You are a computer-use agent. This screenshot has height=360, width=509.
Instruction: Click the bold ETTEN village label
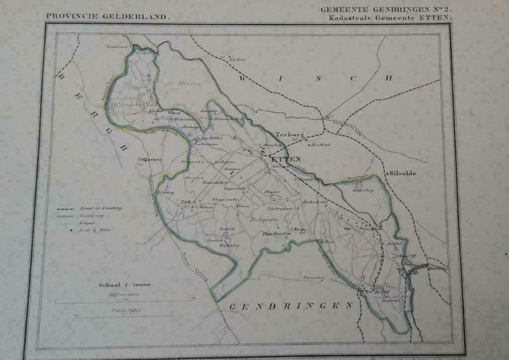tap(285, 159)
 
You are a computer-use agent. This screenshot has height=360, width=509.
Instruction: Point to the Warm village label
tap(174, 112)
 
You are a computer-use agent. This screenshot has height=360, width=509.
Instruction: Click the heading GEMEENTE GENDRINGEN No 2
tap(387, 8)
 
